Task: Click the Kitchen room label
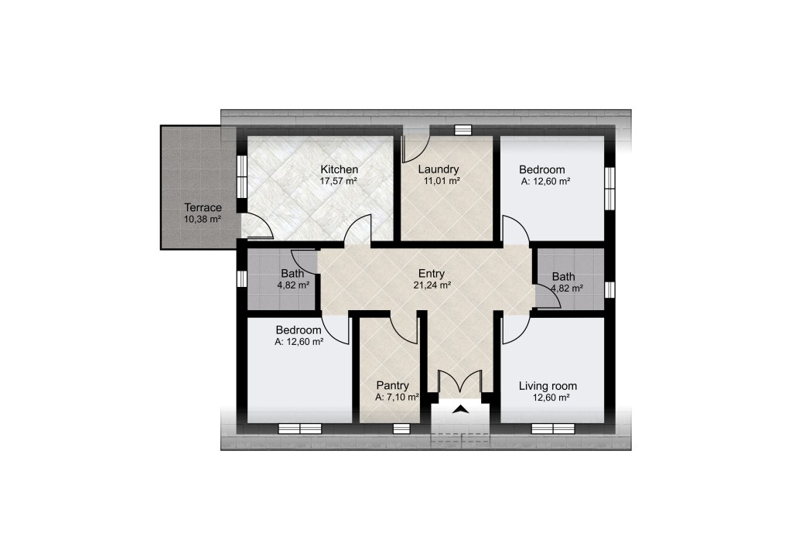point(340,169)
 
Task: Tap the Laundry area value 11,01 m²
point(442,181)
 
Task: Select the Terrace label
point(203,207)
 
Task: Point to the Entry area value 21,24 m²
point(432,285)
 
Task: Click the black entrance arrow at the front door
point(460,409)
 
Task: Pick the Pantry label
point(392,386)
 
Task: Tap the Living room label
point(548,386)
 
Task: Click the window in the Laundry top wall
point(463,130)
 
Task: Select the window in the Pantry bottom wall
point(401,429)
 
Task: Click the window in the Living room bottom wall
point(553,429)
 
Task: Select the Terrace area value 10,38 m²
point(203,220)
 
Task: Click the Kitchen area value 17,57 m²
point(339,181)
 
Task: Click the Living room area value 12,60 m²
point(551,398)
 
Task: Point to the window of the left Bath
point(242,278)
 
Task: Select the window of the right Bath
point(609,290)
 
